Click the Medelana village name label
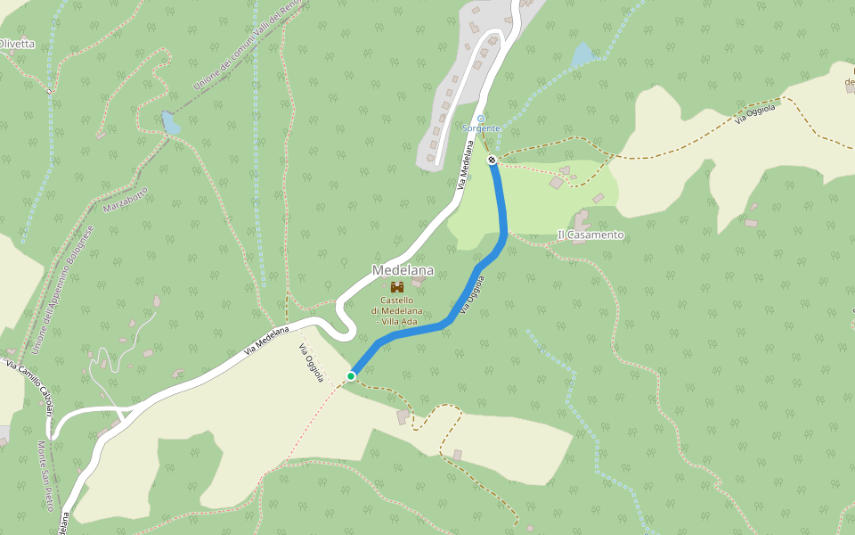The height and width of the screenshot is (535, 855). (403, 270)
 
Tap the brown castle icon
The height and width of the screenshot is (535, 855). (397, 287)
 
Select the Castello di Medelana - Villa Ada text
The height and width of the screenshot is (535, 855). (397, 310)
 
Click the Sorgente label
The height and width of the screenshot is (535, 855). (481, 128)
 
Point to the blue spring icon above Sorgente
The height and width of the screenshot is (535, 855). (481, 118)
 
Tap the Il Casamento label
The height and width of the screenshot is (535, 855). (590, 235)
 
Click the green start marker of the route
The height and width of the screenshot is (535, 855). (351, 376)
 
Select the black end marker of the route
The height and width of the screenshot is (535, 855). (492, 160)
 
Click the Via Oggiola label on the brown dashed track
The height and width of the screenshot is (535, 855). (755, 113)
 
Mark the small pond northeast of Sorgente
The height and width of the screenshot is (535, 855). (582, 55)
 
